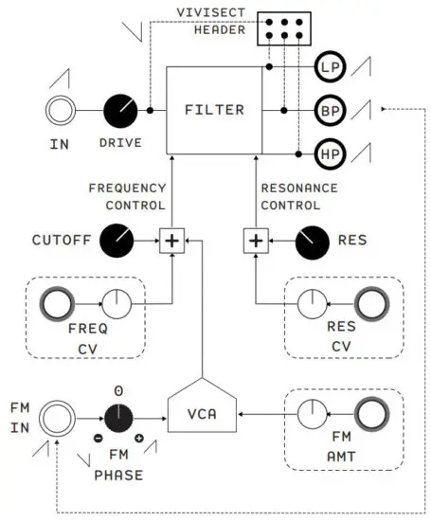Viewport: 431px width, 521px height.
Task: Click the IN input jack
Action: (x=62, y=111)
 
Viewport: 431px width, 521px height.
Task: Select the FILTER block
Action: (x=214, y=110)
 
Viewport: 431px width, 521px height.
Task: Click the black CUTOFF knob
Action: (x=117, y=241)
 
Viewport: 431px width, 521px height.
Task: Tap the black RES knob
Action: (x=311, y=241)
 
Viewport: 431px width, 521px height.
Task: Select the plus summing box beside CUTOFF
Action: (x=171, y=241)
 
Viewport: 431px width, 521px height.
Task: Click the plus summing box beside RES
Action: (x=256, y=241)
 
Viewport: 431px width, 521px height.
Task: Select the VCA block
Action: (x=202, y=414)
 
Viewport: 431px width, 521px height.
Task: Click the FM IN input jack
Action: (x=57, y=414)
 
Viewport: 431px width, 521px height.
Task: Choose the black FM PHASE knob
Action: (x=118, y=415)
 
